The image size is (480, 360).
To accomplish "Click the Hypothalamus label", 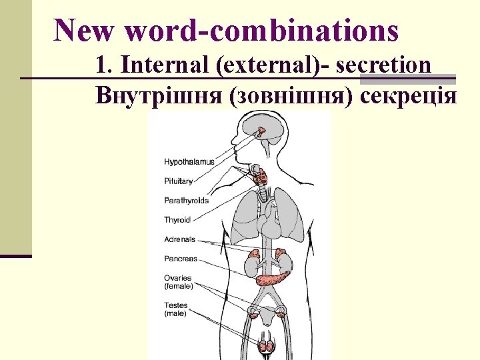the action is pyautogui.click(x=189, y=162).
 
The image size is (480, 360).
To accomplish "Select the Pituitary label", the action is pyautogui.click(x=178, y=181).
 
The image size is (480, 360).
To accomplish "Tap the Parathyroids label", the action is pyautogui.click(x=186, y=201).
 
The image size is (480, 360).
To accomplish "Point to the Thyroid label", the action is pyautogui.click(x=177, y=220).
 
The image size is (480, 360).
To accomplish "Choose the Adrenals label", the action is pyautogui.click(x=179, y=239).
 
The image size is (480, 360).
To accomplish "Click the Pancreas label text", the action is pyautogui.click(x=181, y=259).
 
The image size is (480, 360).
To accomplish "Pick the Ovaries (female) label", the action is pyautogui.click(x=178, y=282).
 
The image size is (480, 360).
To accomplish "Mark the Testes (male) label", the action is pyautogui.click(x=176, y=309).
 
